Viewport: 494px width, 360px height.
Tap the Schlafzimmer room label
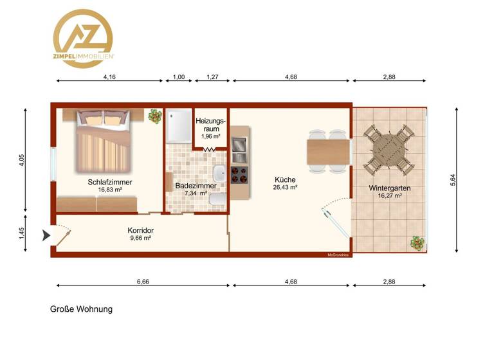pos(110,182)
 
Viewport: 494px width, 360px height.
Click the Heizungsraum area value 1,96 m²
pos(211,136)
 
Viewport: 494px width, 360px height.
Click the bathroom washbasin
pos(219,173)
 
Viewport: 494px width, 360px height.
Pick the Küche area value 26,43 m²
pos(285,188)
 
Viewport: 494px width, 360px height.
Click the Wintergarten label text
pos(390,188)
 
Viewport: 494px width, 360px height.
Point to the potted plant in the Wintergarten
pos(418,243)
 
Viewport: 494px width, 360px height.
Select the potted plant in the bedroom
pos(154,116)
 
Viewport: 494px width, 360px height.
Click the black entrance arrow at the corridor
pos(45,236)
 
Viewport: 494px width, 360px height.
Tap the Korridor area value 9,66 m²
pos(140,238)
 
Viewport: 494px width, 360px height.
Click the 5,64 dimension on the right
pos(453,181)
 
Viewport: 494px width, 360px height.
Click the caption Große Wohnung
pos(82,309)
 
